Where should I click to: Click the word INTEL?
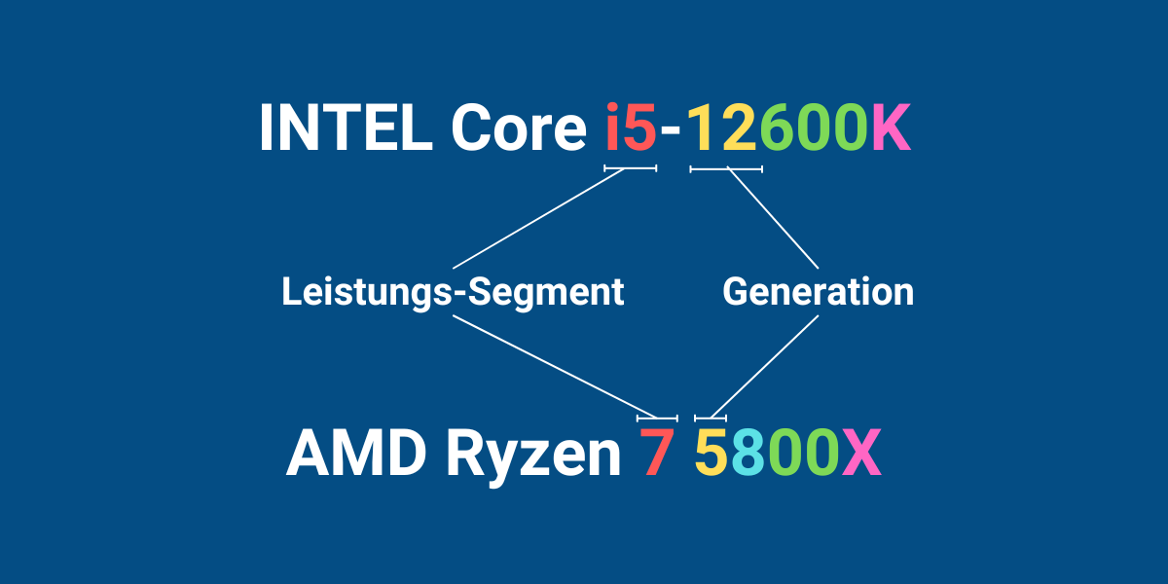click(x=347, y=128)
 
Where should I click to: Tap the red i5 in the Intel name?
click(x=631, y=128)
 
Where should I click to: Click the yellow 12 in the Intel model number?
click(x=721, y=128)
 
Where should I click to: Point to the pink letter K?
click(x=892, y=128)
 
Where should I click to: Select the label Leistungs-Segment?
click(x=453, y=292)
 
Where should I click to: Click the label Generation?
click(x=819, y=291)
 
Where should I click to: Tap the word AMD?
click(x=356, y=452)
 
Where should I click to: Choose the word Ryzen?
click(x=533, y=457)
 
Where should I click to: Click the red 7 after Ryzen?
click(x=656, y=452)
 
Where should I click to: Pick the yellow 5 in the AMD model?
click(x=712, y=452)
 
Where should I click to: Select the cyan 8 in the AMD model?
click(x=748, y=452)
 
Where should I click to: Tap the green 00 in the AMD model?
click(x=805, y=452)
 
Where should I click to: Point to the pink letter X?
click(x=862, y=452)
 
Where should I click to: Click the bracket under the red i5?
click(x=631, y=168)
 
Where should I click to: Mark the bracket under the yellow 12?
click(x=726, y=169)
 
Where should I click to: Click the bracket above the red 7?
click(x=657, y=419)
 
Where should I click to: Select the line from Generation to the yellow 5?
click(x=764, y=367)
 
